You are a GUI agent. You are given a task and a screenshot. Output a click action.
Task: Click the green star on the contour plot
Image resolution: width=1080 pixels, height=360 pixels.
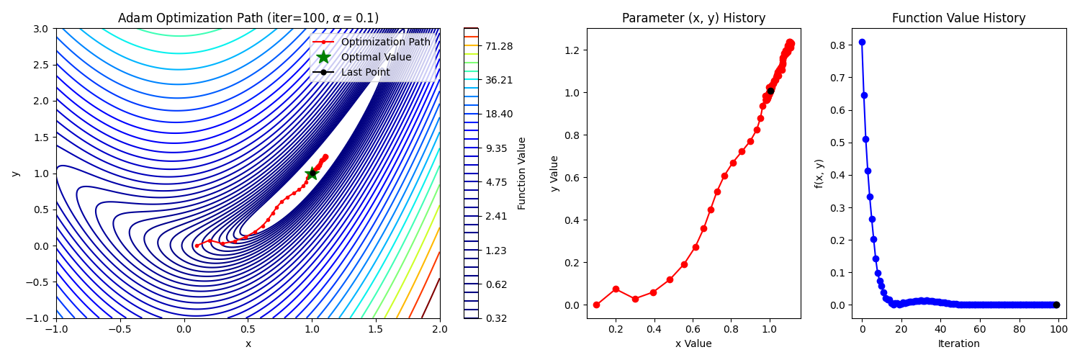point(312,174)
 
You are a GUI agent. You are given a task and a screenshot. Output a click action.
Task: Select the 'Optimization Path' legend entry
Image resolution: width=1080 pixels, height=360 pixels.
point(385,42)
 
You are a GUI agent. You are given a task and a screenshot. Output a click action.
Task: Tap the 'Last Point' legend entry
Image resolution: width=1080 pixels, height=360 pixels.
point(365,72)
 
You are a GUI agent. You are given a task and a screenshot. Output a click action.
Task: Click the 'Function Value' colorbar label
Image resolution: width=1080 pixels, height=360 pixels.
point(522,173)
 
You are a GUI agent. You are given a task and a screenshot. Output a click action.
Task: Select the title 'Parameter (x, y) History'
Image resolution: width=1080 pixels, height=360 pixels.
point(693,18)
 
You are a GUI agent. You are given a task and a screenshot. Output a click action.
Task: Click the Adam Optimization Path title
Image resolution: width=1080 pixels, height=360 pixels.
point(248,18)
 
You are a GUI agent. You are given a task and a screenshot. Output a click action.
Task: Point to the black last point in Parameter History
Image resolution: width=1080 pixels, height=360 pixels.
point(770,91)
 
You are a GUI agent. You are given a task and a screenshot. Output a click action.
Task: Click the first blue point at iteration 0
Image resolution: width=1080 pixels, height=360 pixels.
point(862,42)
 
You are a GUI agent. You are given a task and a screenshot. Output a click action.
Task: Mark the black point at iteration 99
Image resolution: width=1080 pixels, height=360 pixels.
point(1056,305)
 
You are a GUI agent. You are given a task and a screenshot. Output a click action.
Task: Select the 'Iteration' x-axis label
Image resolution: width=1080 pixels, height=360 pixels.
point(958,344)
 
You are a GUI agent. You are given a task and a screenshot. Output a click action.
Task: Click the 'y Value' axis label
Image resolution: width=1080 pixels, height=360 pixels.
point(554,173)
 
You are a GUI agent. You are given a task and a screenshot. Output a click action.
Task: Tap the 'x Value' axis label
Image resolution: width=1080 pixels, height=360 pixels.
point(693,344)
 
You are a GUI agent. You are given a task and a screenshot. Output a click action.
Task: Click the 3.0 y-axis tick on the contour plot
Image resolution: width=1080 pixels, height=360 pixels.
point(42,29)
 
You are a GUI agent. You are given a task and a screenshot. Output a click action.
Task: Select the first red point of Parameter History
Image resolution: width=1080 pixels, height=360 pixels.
point(596,305)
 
